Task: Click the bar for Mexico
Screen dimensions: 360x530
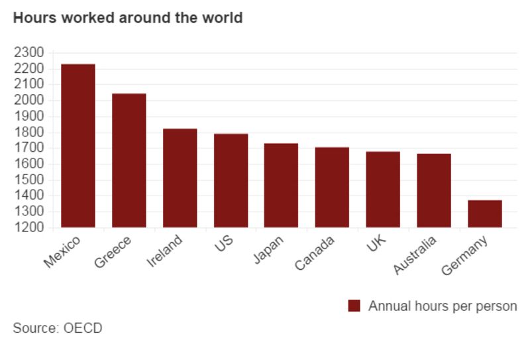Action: [78, 146]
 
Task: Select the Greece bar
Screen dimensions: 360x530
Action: [129, 160]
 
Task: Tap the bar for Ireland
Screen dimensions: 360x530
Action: [180, 178]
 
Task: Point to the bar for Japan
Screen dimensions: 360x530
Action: [282, 185]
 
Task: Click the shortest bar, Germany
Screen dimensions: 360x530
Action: [485, 213]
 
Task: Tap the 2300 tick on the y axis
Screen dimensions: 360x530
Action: [28, 52]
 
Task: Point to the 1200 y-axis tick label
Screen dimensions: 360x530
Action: [28, 227]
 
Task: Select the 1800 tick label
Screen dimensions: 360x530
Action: [28, 132]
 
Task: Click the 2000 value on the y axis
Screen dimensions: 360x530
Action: [28, 100]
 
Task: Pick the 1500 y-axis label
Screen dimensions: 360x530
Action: [28, 180]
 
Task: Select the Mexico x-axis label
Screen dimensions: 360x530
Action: [62, 253]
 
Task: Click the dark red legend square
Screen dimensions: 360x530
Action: [354, 306]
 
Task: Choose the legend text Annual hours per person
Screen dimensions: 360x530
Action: [442, 306]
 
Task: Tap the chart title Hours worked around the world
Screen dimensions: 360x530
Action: [128, 18]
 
